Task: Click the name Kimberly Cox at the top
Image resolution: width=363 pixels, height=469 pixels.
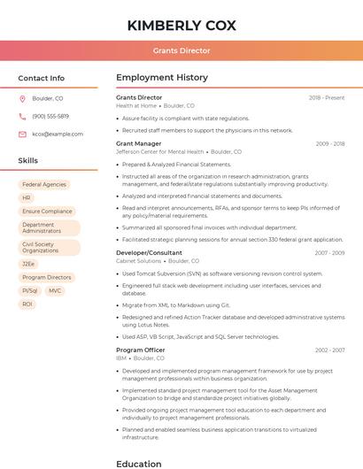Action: pyautogui.click(x=181, y=25)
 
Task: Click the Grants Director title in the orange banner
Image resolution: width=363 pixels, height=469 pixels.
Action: pyautogui.click(x=181, y=50)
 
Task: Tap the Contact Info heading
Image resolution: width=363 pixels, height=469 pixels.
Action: pyautogui.click(x=41, y=78)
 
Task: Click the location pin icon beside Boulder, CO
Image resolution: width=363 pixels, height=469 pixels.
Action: pyautogui.click(x=22, y=98)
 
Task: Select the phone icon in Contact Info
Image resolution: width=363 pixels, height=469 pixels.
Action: pyautogui.click(x=22, y=116)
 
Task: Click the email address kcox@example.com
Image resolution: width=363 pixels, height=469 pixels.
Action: pyautogui.click(x=58, y=135)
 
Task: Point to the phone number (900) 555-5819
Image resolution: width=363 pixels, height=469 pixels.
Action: pyautogui.click(x=50, y=116)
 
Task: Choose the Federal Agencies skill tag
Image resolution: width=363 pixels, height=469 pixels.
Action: pyautogui.click(x=44, y=185)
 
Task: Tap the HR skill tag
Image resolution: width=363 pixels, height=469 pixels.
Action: pyautogui.click(x=27, y=198)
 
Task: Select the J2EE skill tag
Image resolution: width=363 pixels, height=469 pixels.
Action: pyautogui.click(x=29, y=264)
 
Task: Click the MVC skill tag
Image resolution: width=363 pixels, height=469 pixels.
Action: pyautogui.click(x=55, y=290)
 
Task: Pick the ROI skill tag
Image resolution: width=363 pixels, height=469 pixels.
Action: pyautogui.click(x=27, y=304)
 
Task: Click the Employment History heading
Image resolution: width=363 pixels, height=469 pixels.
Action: pyautogui.click(x=162, y=78)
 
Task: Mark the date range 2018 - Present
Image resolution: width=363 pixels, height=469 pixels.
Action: pyautogui.click(x=327, y=97)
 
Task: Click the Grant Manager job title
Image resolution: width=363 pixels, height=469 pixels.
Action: pyautogui.click(x=138, y=143)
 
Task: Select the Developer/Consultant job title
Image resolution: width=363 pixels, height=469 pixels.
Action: pyautogui.click(x=149, y=253)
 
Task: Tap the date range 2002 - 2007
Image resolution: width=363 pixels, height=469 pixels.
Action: pyautogui.click(x=329, y=350)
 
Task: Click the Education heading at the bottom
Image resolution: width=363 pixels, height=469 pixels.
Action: pyautogui.click(x=138, y=463)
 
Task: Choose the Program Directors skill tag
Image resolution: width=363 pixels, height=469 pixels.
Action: pyautogui.click(x=47, y=277)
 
